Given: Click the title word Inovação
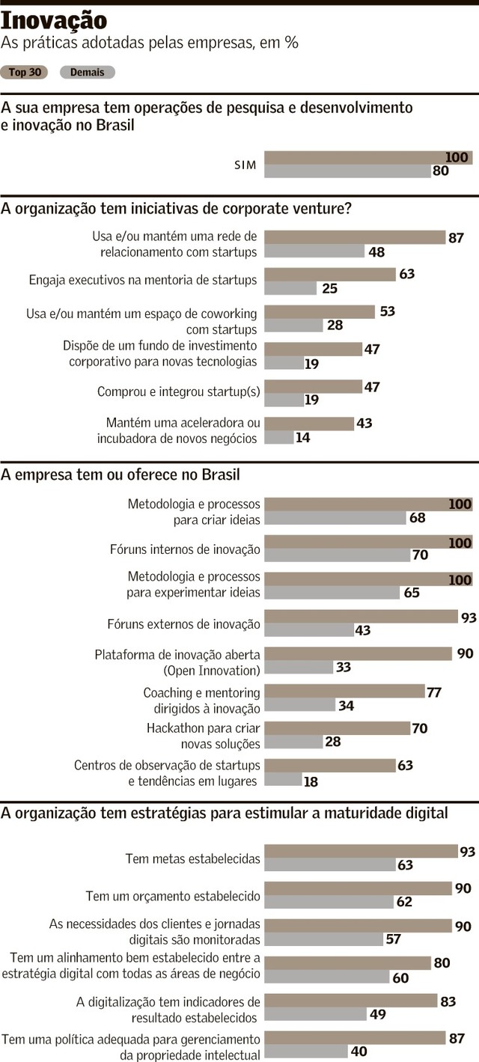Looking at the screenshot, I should [x=54, y=20].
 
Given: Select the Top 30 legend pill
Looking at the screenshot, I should [x=25, y=73].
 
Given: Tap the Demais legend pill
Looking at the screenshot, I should [x=87, y=73].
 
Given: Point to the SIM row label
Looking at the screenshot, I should [x=246, y=165].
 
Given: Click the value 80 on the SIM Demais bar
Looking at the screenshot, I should [x=440, y=171].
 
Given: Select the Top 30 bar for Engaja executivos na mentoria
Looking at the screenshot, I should [x=330, y=275].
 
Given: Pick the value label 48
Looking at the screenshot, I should [x=376, y=252].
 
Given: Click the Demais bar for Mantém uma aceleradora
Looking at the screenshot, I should [x=279, y=438].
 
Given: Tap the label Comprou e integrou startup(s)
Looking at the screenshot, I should [x=177, y=392].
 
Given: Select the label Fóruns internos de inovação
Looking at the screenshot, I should [x=185, y=549].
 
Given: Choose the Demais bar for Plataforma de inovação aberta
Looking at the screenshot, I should [x=299, y=667].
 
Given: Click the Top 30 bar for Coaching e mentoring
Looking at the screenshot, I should [x=344, y=691].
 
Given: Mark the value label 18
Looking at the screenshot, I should [x=311, y=781].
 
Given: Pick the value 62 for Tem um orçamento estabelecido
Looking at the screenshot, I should [x=404, y=903].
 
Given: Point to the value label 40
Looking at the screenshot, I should [x=359, y=1052].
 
